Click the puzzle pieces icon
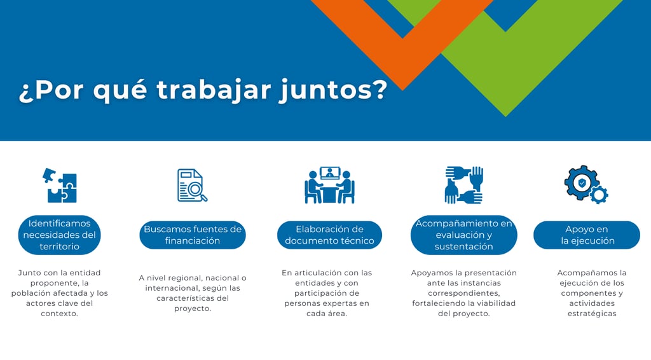(60, 185)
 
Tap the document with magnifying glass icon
(192, 185)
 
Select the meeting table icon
(330, 185)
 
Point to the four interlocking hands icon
(463, 185)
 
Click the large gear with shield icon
(581, 183)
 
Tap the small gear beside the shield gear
(599, 195)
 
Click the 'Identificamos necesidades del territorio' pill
(59, 235)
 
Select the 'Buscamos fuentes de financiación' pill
(193, 235)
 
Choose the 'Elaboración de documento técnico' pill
(330, 235)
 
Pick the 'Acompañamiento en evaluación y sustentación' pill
(463, 235)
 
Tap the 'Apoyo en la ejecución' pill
(587, 235)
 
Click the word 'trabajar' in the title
(214, 90)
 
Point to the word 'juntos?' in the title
(333, 90)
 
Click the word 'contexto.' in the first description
(59, 314)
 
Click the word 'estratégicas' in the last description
(592, 314)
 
